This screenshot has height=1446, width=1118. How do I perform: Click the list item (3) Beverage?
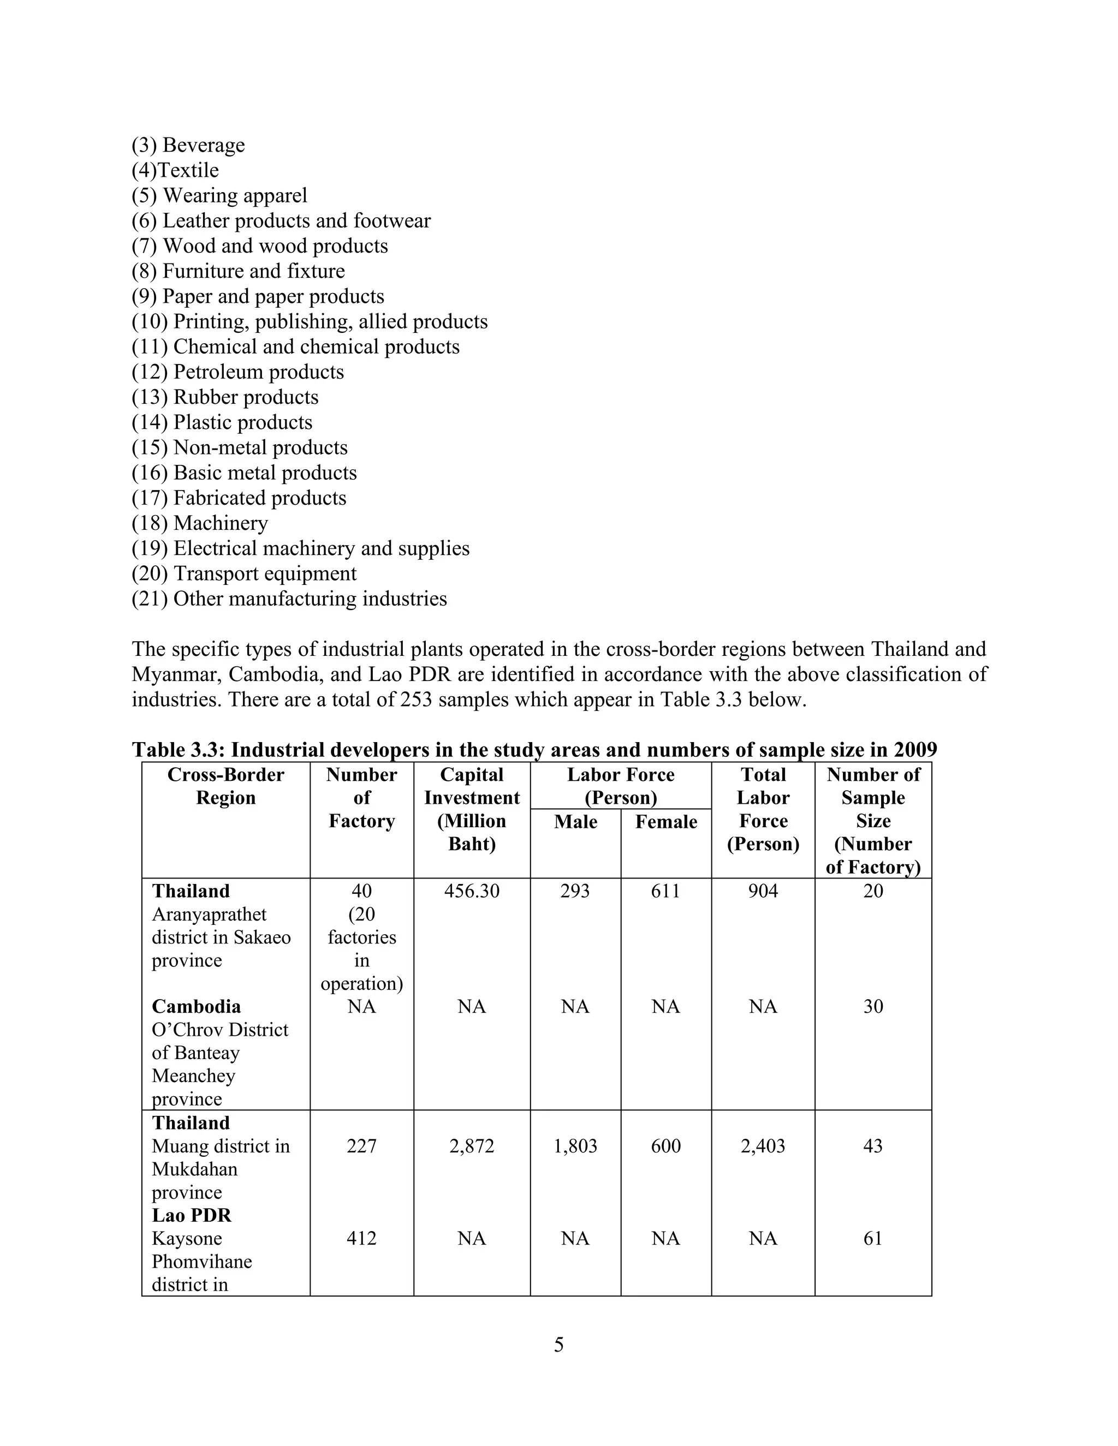click(188, 145)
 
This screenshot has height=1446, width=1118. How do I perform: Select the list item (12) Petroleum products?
click(238, 372)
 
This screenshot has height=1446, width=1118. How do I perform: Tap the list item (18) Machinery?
click(200, 523)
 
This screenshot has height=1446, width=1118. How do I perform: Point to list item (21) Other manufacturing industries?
click(289, 599)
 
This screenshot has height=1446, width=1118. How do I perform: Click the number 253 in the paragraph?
click(416, 700)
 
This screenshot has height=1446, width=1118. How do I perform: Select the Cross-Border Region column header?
click(226, 786)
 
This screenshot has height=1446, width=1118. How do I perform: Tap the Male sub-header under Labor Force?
click(575, 822)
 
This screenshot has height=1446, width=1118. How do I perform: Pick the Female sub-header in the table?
click(665, 822)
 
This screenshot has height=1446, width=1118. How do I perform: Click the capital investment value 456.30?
click(472, 891)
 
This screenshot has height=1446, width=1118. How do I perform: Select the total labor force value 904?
click(763, 891)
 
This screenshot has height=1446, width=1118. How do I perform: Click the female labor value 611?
click(665, 891)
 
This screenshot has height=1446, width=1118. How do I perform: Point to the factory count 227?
click(361, 1146)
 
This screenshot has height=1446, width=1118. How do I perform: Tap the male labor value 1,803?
click(575, 1146)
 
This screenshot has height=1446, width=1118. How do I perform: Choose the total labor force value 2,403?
click(763, 1146)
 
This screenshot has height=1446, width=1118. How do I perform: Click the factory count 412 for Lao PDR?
click(361, 1238)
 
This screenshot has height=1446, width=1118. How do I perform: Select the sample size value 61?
click(873, 1238)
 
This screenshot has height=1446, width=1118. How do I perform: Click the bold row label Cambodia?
click(196, 1006)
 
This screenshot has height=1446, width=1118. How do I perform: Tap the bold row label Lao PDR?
click(192, 1215)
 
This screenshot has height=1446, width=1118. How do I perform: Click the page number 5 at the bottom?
click(558, 1345)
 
